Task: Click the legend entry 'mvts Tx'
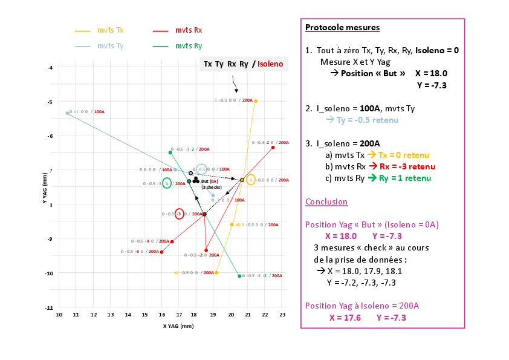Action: click(111, 30)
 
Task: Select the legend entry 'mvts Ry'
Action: click(189, 46)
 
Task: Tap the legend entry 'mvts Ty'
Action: click(111, 46)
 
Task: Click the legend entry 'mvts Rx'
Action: click(189, 30)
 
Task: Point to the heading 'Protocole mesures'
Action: click(342, 27)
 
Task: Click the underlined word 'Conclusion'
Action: click(326, 201)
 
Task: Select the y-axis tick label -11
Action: click(50, 308)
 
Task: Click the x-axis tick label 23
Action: click(282, 315)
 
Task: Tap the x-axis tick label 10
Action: click(59, 315)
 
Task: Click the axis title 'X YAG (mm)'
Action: click(178, 326)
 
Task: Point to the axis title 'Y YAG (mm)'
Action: click(45, 188)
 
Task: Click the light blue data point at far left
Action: click(67, 113)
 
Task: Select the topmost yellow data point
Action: click(256, 101)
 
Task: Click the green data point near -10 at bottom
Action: click(239, 276)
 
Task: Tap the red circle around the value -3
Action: click(179, 214)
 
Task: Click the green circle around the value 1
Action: click(167, 183)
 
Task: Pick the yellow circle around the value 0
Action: click(251, 180)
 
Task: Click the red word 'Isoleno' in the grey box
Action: click(270, 64)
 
